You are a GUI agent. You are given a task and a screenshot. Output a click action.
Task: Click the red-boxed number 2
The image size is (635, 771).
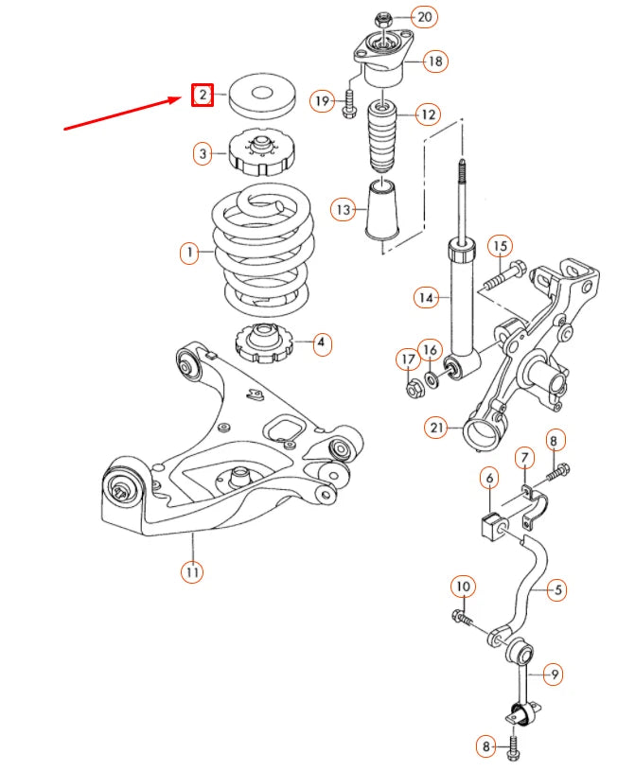202,95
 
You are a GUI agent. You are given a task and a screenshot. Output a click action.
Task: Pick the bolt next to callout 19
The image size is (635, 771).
348,102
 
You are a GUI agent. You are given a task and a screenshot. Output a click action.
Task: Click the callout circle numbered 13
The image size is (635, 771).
343,208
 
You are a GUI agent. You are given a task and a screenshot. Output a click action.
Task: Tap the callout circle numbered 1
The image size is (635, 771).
190,253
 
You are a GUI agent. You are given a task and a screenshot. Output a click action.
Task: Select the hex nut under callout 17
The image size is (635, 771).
414,387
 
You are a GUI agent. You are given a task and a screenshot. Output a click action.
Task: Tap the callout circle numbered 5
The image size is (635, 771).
557,589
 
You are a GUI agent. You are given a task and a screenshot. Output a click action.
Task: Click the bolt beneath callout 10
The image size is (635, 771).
465,619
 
